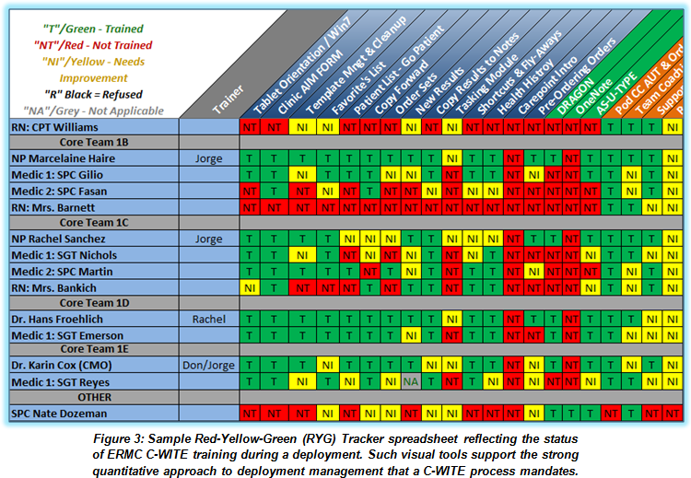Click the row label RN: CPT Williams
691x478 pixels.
coord(55,126)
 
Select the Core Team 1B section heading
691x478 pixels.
coord(94,142)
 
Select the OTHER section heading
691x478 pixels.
coord(94,397)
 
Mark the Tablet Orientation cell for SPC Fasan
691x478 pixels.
coord(250,191)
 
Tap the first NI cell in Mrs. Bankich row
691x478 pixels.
coord(250,286)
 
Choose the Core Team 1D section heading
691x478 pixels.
coord(94,302)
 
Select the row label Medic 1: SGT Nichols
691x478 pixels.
coord(64,255)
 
